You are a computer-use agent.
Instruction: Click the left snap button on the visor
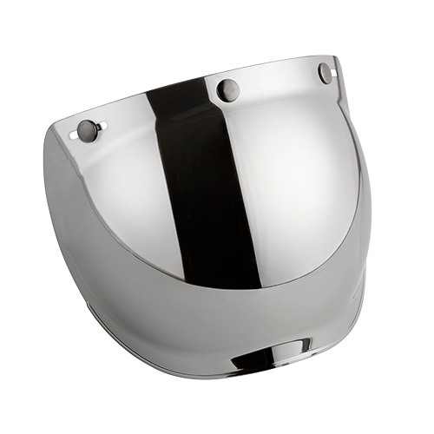[87, 129]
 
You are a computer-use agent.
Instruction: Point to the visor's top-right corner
[334, 56]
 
